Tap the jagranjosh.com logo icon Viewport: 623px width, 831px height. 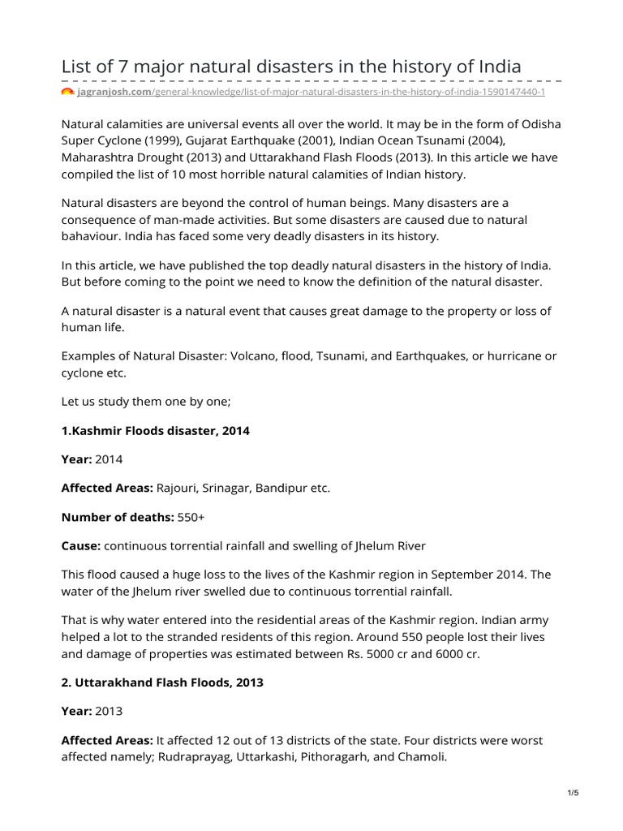click(x=67, y=92)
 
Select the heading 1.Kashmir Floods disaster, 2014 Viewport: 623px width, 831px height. click(x=156, y=430)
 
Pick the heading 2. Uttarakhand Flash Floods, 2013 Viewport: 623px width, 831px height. click(x=162, y=682)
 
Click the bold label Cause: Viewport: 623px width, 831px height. click(x=81, y=545)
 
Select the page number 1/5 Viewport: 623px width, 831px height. click(x=573, y=793)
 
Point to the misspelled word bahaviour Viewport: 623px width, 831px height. click(x=92, y=236)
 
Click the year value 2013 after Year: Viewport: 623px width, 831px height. click(x=109, y=712)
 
